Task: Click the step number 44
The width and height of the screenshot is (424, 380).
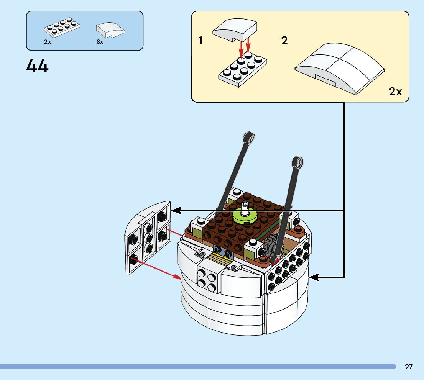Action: tap(38, 67)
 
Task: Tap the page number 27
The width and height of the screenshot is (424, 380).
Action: tap(409, 367)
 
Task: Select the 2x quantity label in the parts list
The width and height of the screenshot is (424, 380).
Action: tap(48, 42)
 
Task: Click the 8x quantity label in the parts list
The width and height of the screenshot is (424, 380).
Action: tap(100, 42)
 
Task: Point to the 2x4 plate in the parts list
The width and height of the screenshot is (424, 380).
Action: tap(62, 27)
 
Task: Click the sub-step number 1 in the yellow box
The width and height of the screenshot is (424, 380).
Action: tap(200, 41)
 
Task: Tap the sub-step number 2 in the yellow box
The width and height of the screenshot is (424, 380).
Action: tap(284, 41)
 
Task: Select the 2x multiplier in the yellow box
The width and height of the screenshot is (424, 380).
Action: tap(395, 92)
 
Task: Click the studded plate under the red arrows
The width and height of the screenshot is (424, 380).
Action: tap(243, 69)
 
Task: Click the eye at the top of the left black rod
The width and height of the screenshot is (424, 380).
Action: tap(250, 138)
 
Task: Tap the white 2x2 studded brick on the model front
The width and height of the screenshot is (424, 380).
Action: tap(207, 278)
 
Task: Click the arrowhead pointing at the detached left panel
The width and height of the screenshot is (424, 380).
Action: tap(176, 210)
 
